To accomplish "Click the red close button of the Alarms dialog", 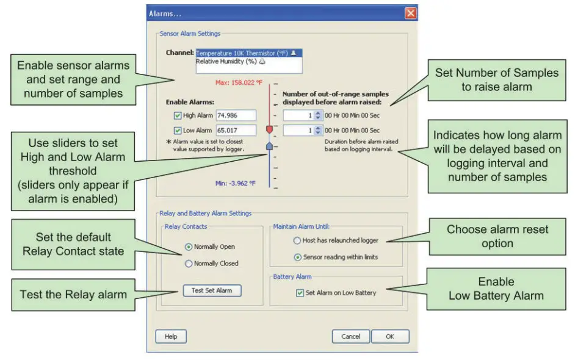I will click(411, 13).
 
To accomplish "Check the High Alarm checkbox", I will click(178, 115).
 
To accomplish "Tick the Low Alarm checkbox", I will click(178, 131).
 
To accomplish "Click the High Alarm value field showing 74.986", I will click(236, 115).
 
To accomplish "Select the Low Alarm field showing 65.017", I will click(236, 131).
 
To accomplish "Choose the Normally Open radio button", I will click(189, 247).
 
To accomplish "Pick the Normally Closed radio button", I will click(189, 264).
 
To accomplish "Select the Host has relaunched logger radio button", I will click(297, 241).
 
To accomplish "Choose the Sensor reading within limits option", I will click(297, 257).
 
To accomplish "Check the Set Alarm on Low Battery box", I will click(300, 293).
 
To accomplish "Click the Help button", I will click(171, 337).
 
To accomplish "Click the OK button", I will click(390, 337).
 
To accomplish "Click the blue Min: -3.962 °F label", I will click(235, 183).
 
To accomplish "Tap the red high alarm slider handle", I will click(270, 130).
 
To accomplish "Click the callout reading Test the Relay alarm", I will click(73, 295).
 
